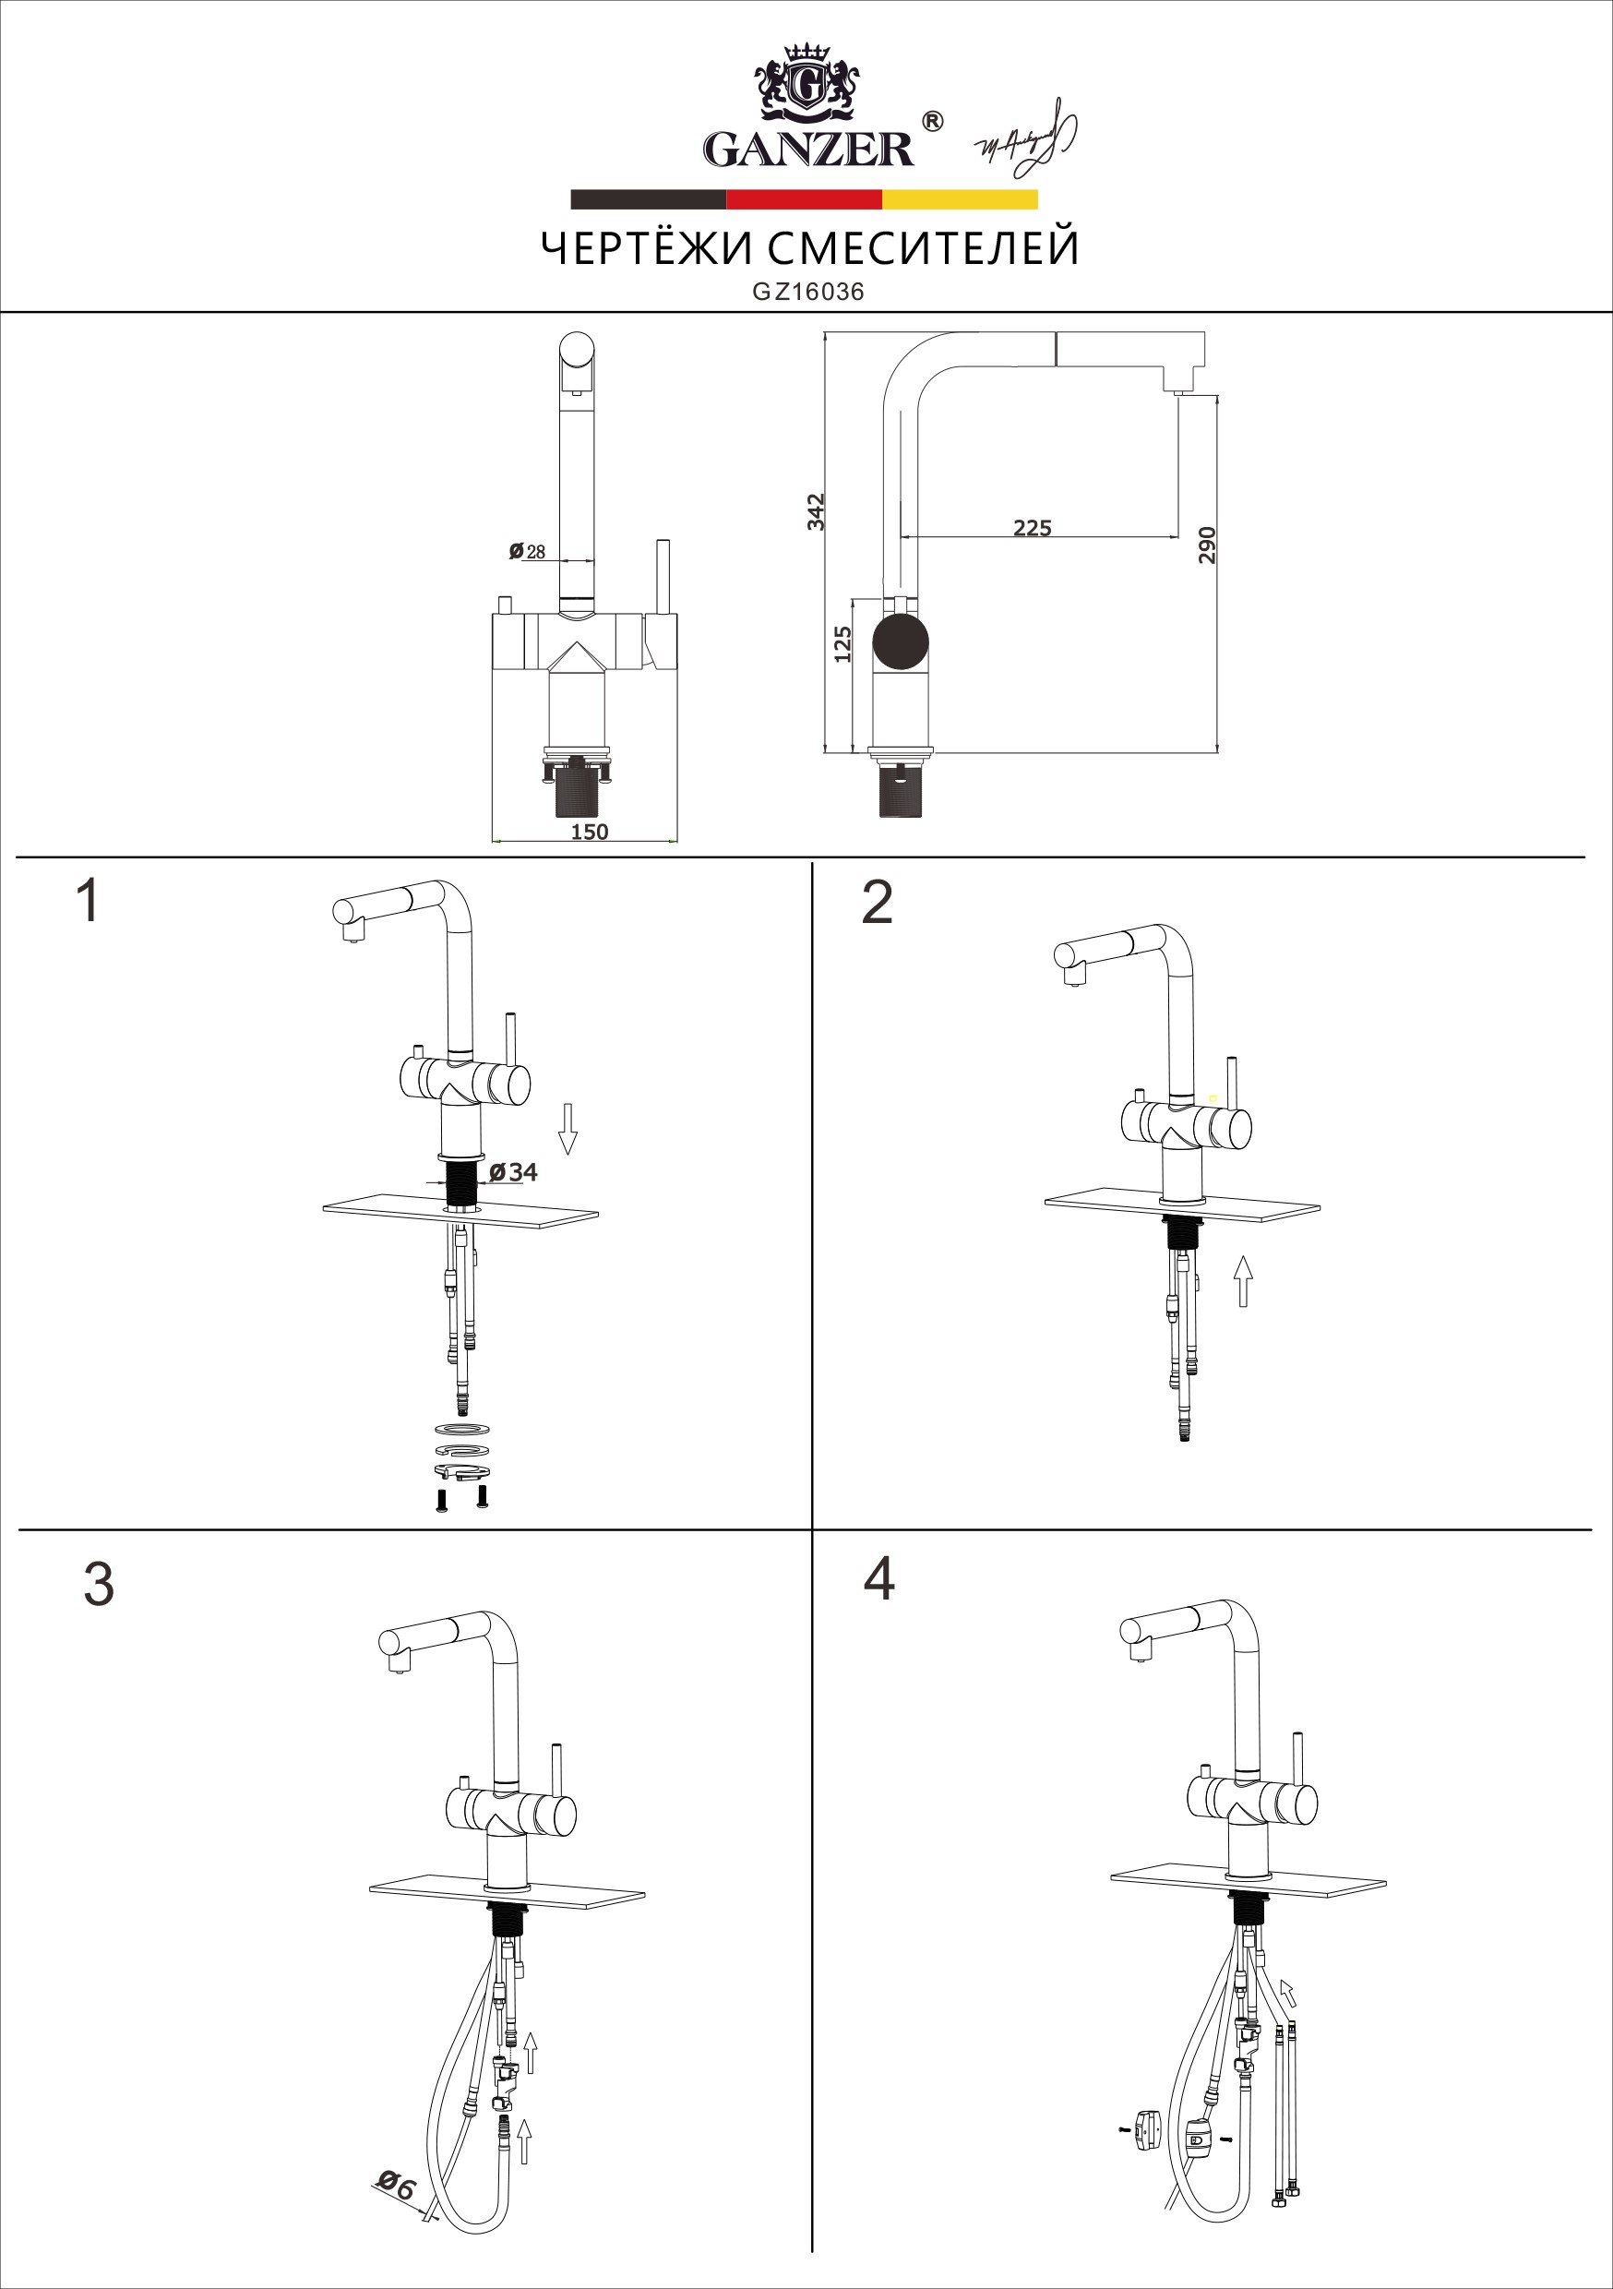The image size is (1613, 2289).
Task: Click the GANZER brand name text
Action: point(807,150)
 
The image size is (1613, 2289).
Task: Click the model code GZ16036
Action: point(807,292)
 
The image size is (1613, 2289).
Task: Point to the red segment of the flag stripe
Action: point(804,199)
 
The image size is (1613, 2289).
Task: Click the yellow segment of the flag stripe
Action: point(959,199)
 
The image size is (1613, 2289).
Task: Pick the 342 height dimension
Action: point(817,511)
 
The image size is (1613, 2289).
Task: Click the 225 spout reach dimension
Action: point(1032,528)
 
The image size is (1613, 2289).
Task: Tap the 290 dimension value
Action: point(1206,545)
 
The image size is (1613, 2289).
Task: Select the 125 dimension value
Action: point(842,644)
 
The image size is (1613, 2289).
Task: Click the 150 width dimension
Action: point(589,832)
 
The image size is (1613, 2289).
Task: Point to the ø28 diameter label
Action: point(528,551)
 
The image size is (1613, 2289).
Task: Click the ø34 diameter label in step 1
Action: point(513,1172)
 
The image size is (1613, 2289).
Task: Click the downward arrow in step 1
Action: point(568,1129)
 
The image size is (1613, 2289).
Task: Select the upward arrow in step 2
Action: point(1242,1280)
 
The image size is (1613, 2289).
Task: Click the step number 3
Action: point(99,1584)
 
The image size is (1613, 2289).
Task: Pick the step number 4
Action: point(878,1579)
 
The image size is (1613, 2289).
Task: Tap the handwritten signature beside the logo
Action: point(1027,139)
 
